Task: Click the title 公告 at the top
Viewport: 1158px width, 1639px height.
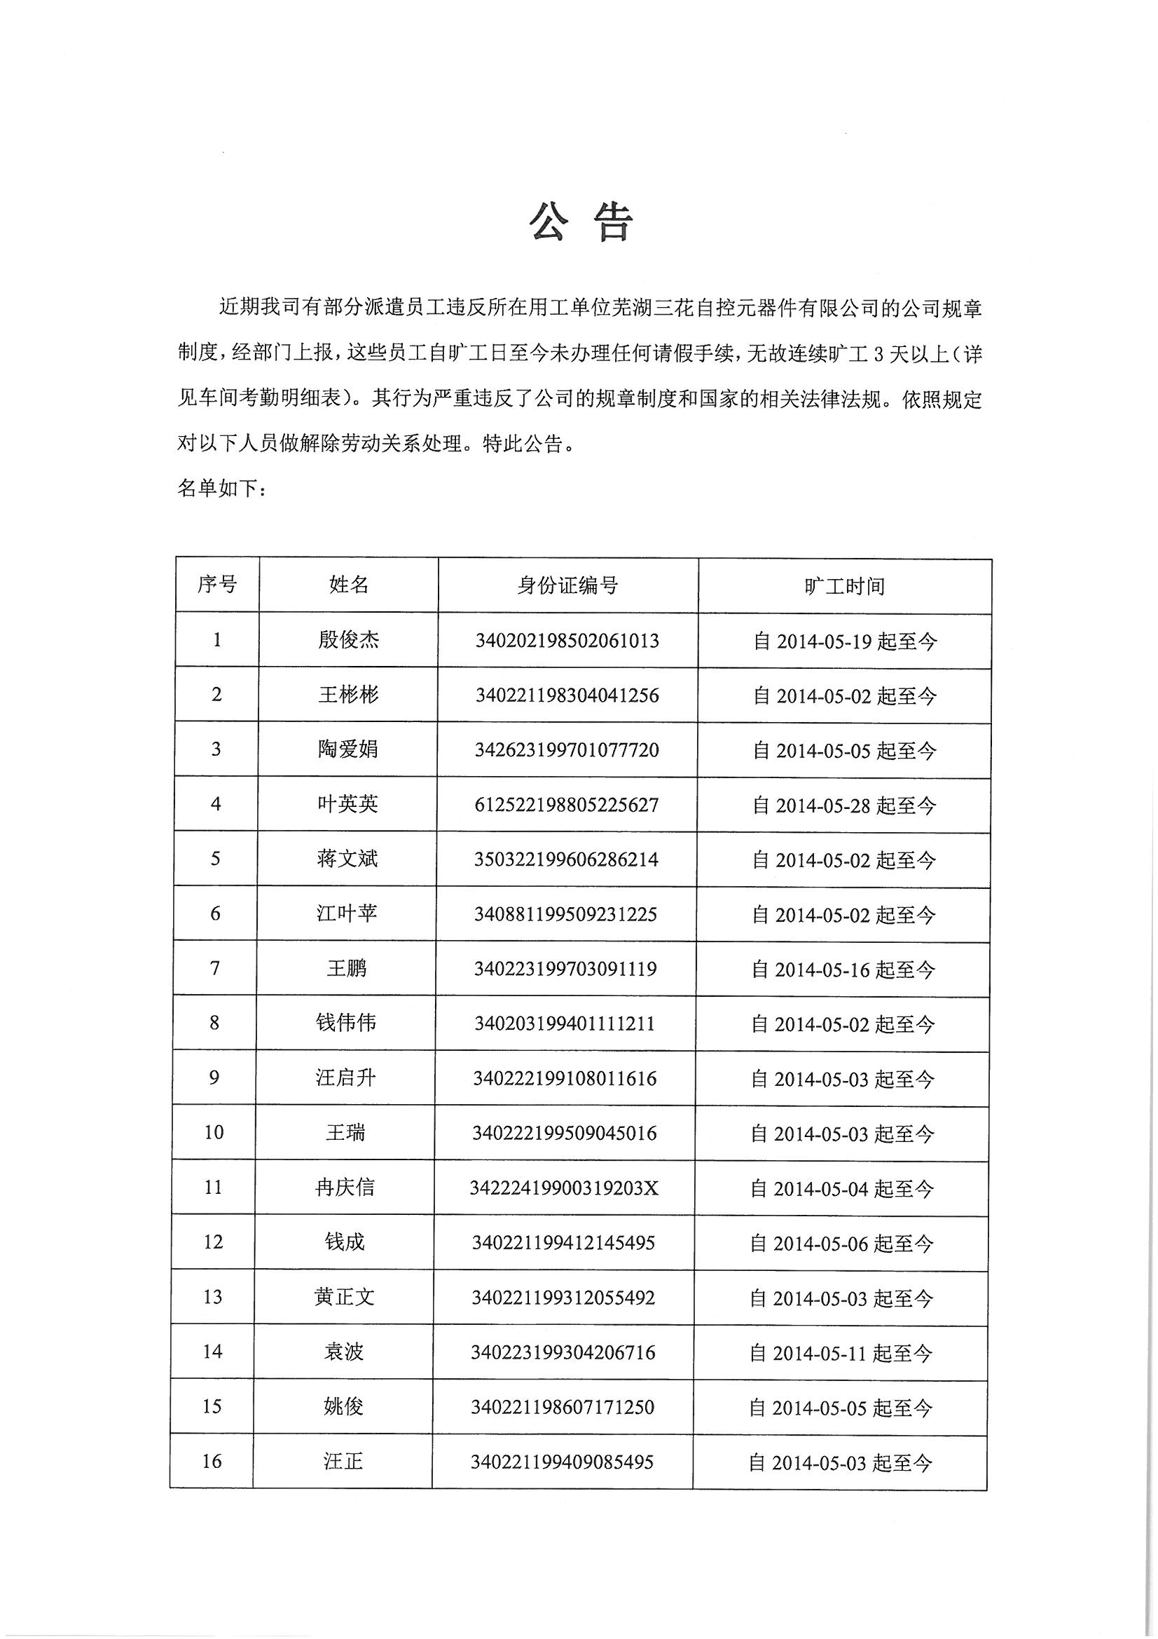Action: [580, 223]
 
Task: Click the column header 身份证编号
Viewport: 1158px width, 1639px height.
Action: [567, 586]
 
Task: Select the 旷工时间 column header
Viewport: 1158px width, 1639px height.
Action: [844, 587]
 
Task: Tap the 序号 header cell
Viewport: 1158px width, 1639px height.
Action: [218, 585]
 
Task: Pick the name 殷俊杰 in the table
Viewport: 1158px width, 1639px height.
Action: [348, 640]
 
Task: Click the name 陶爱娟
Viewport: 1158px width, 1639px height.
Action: [347, 749]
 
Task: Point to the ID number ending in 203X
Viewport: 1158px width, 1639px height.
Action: [564, 1188]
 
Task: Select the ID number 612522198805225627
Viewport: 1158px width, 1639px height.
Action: [567, 805]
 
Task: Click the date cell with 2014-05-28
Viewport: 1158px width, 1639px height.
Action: [844, 806]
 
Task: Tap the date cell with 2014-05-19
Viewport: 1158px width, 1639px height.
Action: [845, 641]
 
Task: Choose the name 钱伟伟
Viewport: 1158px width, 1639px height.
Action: [346, 1023]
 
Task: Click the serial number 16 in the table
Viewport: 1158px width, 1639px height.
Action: [212, 1461]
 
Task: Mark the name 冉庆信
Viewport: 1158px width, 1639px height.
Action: [345, 1188]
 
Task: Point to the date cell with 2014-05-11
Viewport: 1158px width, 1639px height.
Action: [841, 1353]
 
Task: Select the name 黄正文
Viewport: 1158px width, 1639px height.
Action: [344, 1297]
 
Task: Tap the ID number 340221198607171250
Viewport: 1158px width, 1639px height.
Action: [563, 1407]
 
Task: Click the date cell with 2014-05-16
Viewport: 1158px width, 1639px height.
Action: [843, 970]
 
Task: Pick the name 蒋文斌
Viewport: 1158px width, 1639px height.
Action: [347, 859]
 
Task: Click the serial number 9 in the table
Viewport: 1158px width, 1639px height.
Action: [214, 1077]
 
